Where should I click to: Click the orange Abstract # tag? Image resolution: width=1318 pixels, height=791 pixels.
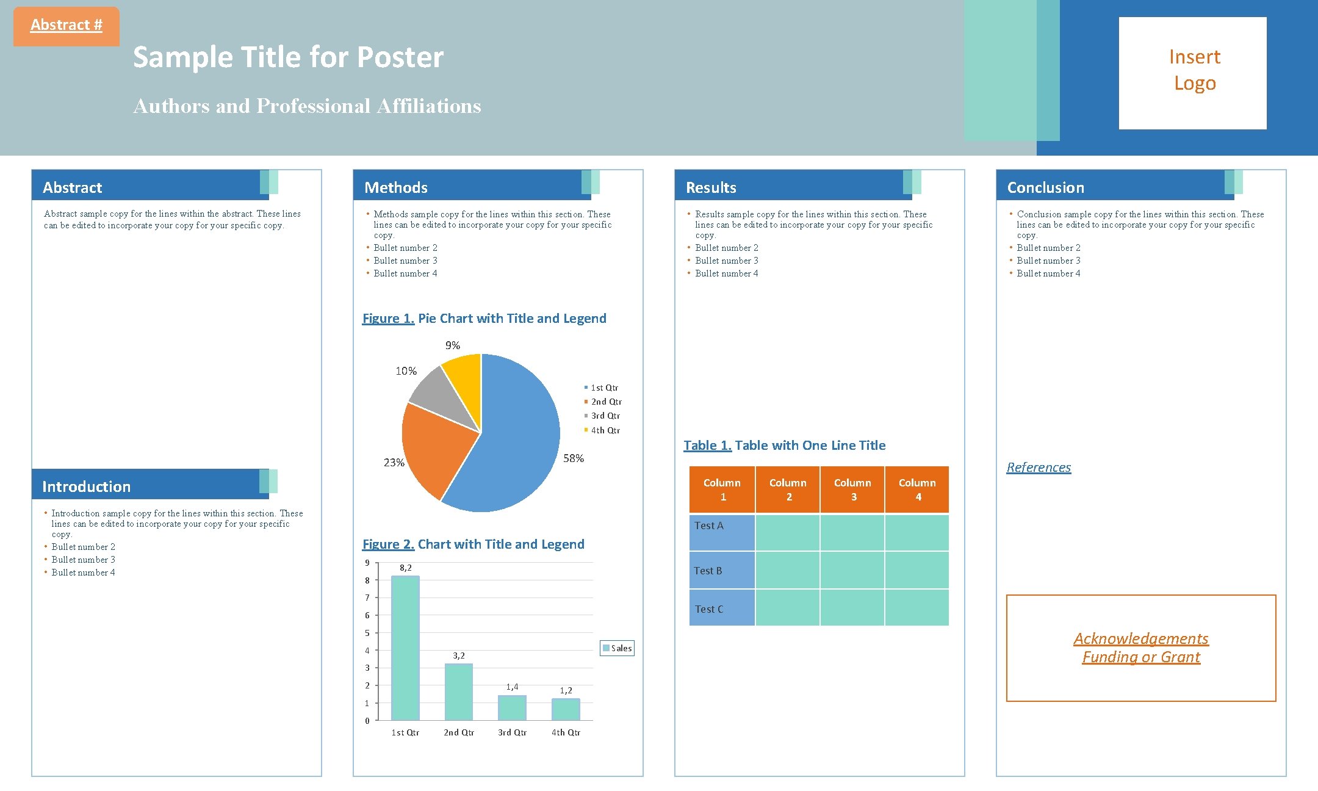point(66,26)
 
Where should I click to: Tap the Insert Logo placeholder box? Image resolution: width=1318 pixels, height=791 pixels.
point(1192,73)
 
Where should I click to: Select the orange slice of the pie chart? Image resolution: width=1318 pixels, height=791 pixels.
point(436,449)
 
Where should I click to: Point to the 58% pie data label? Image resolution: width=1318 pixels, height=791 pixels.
point(573,458)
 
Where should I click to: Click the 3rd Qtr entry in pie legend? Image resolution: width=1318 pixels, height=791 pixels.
point(604,416)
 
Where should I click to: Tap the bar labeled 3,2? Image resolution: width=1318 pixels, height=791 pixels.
point(458,692)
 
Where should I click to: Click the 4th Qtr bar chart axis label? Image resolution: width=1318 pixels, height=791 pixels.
point(566,732)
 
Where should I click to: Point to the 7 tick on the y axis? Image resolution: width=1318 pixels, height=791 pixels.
point(367,598)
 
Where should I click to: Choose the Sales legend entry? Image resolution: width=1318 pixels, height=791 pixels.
point(618,648)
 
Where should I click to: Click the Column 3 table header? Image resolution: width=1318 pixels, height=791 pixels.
point(852,489)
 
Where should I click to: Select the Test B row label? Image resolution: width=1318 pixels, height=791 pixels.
point(708,571)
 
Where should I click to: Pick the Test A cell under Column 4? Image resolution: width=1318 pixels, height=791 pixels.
point(916,532)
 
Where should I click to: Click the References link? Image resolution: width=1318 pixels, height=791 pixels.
point(1039,468)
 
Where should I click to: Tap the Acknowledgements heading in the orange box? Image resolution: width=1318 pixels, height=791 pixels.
point(1140,638)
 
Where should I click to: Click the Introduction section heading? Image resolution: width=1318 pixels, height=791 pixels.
point(87,486)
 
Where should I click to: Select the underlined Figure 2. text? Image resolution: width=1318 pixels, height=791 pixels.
point(388,544)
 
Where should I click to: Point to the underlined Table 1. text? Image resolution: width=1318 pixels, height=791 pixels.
point(707,446)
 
